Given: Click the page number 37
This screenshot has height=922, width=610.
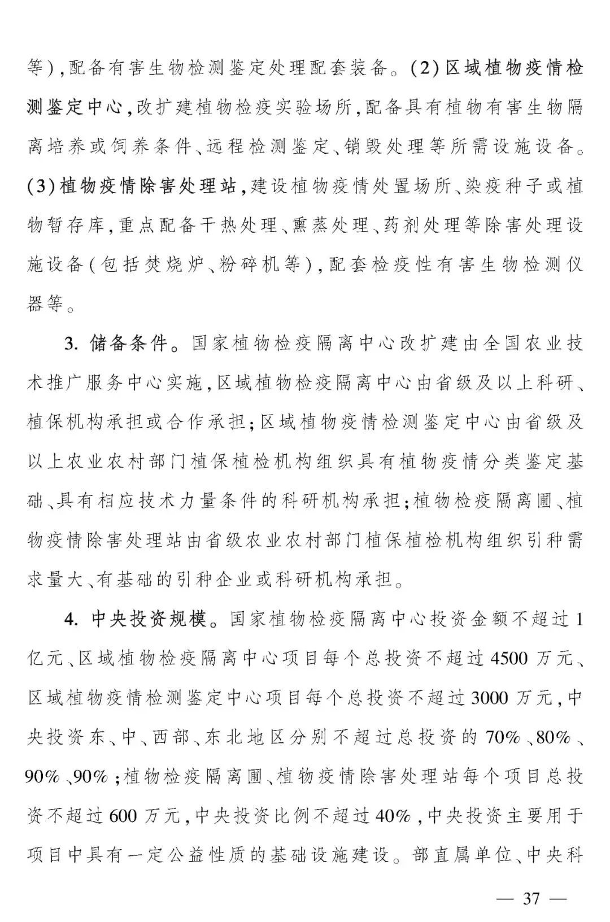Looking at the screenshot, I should (x=531, y=898).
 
